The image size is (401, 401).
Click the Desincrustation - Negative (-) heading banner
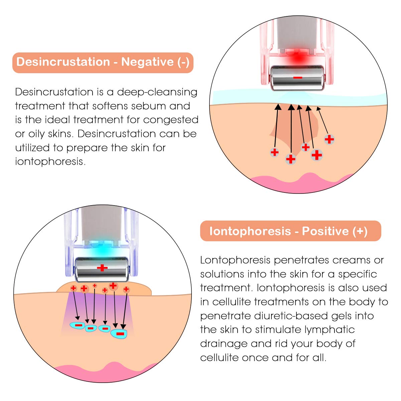103,62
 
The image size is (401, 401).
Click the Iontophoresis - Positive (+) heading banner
290,231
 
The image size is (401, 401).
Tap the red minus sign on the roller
298,78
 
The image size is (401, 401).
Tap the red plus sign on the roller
102,268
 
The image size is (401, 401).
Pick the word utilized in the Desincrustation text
39,148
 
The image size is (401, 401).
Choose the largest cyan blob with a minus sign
120,333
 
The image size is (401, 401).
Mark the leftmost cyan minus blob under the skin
78,325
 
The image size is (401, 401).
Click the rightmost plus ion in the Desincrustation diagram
329,139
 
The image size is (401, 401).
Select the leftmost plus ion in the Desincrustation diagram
274,152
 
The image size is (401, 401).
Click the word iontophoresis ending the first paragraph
49,162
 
